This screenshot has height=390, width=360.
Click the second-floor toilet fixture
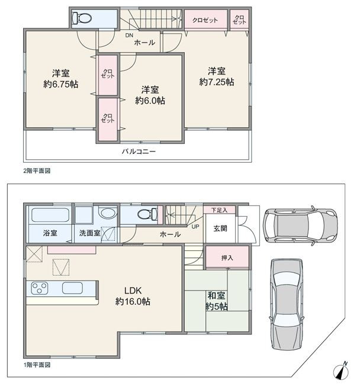(x=82, y=18)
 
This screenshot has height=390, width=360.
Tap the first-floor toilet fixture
(x=147, y=214)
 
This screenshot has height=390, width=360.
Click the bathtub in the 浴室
(x=50, y=215)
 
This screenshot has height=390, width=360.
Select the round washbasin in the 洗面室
(x=108, y=214)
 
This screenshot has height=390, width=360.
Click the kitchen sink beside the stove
(x=72, y=288)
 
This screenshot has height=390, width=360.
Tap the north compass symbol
(x=342, y=371)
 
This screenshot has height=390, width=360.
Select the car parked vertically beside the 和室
(x=287, y=304)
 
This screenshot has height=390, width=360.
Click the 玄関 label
(x=220, y=228)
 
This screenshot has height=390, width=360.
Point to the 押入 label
(x=227, y=257)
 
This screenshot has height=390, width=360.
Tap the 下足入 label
(x=220, y=210)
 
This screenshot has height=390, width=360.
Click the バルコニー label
(x=139, y=152)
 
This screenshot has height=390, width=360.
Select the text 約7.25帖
(x=217, y=82)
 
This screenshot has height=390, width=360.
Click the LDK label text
(x=133, y=290)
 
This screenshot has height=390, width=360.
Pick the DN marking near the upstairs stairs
(x=129, y=36)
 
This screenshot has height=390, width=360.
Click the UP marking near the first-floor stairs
(x=195, y=227)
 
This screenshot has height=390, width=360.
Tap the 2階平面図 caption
(x=37, y=171)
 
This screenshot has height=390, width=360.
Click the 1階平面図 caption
(x=37, y=365)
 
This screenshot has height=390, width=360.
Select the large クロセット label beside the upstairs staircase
(x=205, y=20)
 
